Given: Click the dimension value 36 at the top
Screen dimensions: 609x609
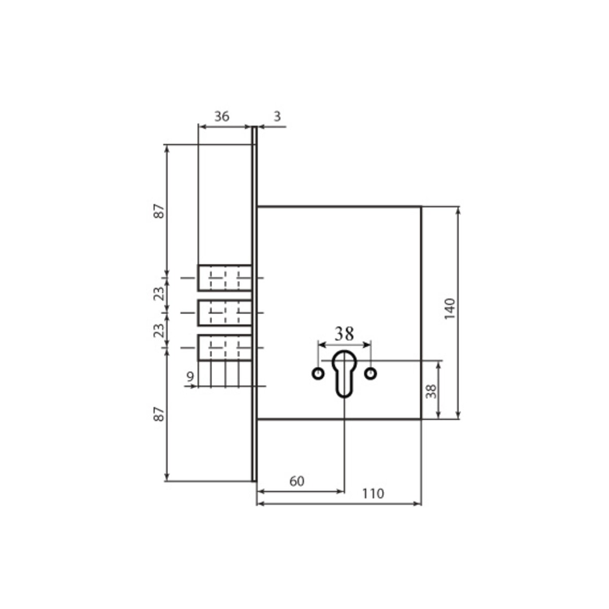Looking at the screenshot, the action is [222, 117].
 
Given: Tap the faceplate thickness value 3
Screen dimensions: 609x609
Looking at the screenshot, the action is [277, 117].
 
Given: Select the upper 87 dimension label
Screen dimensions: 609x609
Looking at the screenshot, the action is [159, 211].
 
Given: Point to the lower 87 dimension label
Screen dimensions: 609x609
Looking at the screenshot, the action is [159, 414].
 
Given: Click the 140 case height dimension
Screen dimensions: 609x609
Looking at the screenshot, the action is [450, 309].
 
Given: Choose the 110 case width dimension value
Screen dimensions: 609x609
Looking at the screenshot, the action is [373, 493].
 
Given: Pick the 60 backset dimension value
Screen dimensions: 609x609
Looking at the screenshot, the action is [297, 481].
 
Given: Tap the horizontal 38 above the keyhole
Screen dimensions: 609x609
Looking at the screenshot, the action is [344, 334].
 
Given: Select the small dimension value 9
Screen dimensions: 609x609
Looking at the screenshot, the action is [190, 377].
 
